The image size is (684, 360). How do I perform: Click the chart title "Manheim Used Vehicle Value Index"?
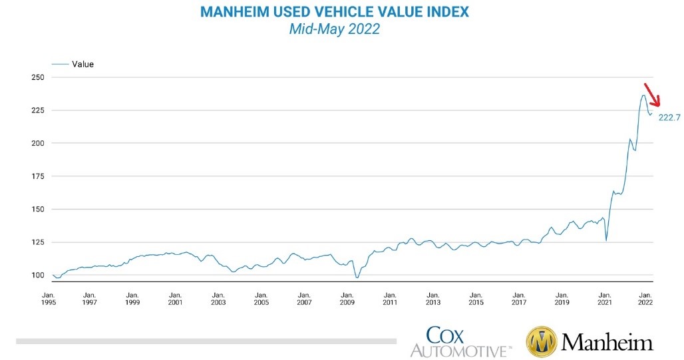(334, 13)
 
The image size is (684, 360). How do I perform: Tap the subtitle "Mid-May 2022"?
(334, 29)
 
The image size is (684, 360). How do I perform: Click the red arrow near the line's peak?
(651, 95)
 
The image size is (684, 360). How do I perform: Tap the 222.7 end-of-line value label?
(669, 118)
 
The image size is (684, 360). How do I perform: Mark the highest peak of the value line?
(643, 95)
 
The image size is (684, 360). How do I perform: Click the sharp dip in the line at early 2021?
(606, 240)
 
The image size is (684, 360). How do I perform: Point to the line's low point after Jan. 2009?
(357, 277)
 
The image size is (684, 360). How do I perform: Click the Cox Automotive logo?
(460, 341)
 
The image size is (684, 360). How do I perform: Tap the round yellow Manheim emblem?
(542, 341)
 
